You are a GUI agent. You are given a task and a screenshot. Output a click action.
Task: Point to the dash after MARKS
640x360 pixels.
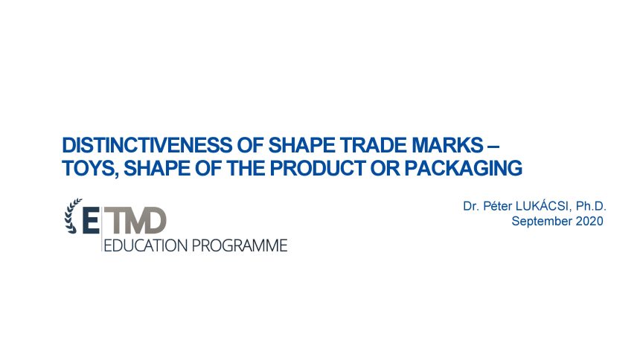(x=493, y=146)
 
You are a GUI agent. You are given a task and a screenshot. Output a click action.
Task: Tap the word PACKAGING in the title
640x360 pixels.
(x=464, y=168)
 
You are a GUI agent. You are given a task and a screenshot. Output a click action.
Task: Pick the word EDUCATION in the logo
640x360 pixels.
(x=146, y=245)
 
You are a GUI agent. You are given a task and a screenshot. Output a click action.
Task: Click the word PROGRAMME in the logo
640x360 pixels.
(x=240, y=245)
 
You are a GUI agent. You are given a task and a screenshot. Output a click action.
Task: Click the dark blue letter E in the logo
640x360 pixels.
(x=91, y=220)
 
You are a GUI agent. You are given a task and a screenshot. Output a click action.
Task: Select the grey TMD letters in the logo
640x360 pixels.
(x=135, y=220)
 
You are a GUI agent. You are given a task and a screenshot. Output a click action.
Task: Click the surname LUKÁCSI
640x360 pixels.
(x=542, y=206)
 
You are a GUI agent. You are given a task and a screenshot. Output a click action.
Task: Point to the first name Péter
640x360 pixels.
(x=497, y=206)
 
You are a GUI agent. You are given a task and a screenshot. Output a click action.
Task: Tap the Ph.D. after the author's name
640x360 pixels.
(x=591, y=206)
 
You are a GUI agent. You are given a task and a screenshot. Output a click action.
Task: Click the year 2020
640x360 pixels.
(x=589, y=221)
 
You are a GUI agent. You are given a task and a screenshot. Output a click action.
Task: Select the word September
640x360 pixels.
(x=542, y=222)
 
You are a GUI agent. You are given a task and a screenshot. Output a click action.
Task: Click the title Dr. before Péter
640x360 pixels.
(x=471, y=206)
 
